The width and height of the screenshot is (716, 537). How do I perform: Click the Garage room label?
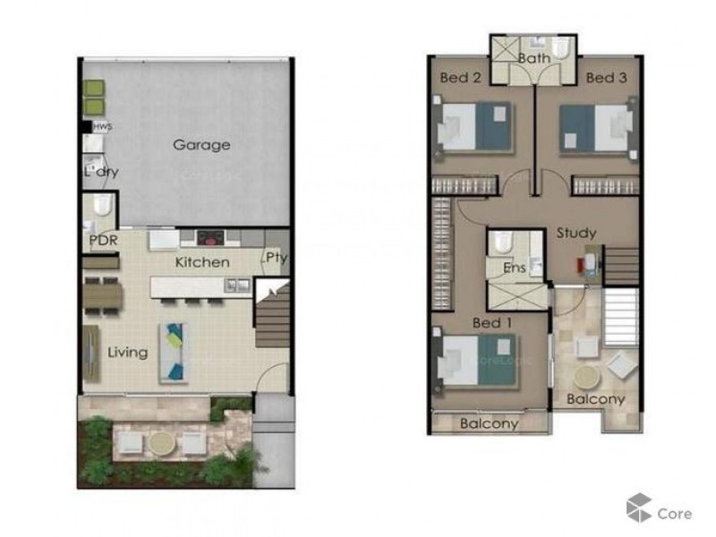point(201,145)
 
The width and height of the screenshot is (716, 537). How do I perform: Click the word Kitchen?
point(201,262)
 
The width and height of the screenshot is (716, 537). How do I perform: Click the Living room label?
point(128,352)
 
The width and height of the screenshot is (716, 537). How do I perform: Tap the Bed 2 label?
point(461,78)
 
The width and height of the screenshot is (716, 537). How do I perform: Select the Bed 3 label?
point(606,78)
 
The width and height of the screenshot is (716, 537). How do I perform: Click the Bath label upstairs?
point(533,59)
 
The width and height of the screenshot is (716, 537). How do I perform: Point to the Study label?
point(576,233)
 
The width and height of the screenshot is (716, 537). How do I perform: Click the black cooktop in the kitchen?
point(210,238)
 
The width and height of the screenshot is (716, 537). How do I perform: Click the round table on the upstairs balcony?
point(589,377)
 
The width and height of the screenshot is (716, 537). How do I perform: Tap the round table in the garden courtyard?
point(162,442)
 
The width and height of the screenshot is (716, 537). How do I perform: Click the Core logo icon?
point(638,507)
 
